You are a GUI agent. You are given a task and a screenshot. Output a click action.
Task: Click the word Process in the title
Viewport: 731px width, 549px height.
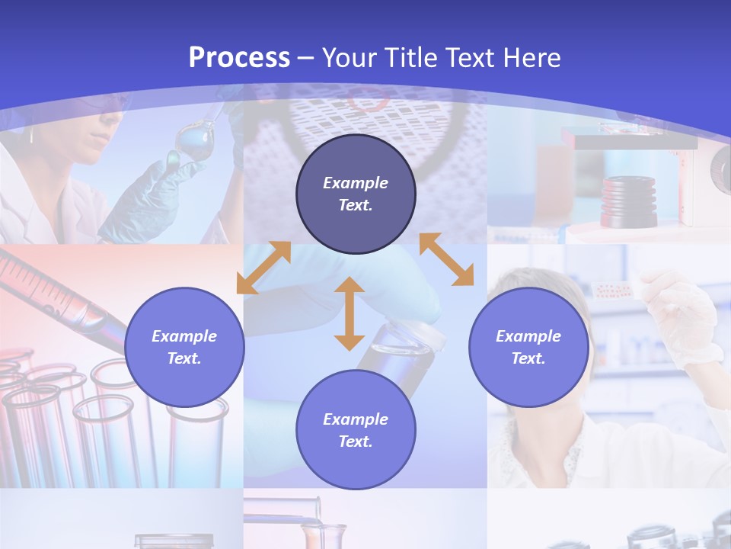tap(239, 57)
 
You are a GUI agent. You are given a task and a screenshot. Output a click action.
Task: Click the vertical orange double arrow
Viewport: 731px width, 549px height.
tap(350, 313)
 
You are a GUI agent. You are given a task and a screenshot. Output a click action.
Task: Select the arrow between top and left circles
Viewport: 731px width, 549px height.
tap(263, 268)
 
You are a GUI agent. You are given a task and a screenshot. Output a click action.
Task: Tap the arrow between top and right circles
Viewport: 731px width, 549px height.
tap(447, 259)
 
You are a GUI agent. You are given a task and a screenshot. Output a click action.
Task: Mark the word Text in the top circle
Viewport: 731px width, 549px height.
tap(355, 205)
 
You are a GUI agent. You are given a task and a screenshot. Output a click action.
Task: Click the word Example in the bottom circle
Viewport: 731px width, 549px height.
tap(355, 419)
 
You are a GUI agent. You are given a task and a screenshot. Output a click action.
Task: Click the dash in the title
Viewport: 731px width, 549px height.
tap(306, 58)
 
